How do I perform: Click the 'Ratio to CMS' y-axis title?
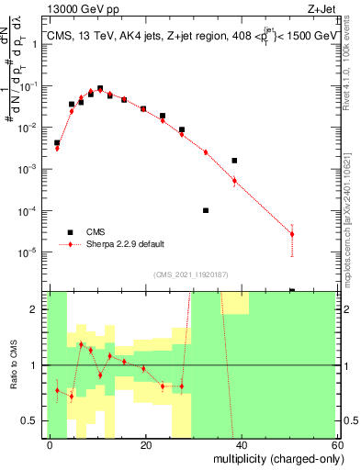13,365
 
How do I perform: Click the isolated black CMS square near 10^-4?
205,210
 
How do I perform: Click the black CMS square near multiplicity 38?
234,161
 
